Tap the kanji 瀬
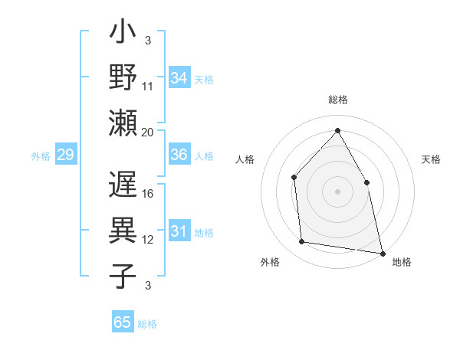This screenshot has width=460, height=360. coord(123,123)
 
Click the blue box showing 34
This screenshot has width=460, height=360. coord(179,78)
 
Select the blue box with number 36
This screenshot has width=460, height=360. coord(179,155)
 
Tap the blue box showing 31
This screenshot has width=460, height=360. coord(179,231)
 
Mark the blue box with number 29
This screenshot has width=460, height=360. coord(65,155)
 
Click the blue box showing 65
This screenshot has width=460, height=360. coord(123,322)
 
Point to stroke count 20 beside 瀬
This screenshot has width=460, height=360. coord(148,132)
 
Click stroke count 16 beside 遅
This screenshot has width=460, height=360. coord(149,194)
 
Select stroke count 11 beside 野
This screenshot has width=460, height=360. coord(148,87)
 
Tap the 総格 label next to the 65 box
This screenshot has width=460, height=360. coord(147,324)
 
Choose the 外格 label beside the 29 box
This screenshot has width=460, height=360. coord(41,156)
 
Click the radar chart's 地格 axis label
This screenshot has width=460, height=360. coord(402,262)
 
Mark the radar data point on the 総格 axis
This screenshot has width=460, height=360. coord(337,130)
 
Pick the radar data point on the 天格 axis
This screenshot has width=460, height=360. coord(366,182)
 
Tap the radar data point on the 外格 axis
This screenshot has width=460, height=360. coord(303,242)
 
